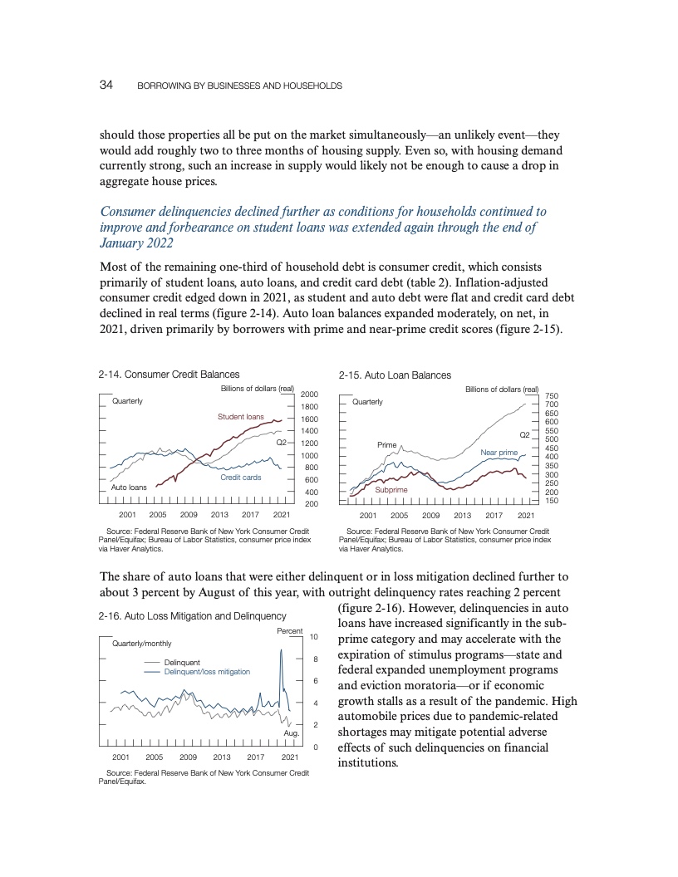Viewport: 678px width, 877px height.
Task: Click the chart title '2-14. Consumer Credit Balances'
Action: tap(169, 375)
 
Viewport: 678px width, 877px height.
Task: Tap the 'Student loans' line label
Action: tap(241, 416)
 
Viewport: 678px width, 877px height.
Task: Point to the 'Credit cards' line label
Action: tap(241, 478)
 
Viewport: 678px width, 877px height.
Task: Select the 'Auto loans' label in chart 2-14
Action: tap(129, 487)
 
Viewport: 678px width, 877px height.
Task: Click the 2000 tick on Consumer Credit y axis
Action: tap(310, 394)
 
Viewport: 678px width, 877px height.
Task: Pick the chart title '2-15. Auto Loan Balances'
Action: tap(395, 375)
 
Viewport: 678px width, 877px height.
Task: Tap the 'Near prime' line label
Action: tap(499, 452)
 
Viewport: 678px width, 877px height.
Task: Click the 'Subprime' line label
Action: tap(391, 490)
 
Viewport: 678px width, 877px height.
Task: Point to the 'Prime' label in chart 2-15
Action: tap(387, 445)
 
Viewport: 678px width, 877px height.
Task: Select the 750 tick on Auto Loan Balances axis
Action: tap(552, 396)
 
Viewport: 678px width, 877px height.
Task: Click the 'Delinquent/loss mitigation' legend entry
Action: tap(207, 671)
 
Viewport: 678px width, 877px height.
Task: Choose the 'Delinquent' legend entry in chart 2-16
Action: tap(182, 662)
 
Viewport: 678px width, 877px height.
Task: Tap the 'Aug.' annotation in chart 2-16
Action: tap(292, 733)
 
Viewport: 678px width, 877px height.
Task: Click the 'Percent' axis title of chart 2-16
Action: tap(289, 632)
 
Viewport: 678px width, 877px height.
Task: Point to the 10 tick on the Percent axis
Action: tap(313, 637)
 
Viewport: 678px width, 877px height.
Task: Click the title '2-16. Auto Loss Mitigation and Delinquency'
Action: tap(192, 616)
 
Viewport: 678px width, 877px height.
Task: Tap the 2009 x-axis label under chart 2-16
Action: tap(188, 757)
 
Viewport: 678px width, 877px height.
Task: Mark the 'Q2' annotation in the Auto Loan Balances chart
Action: tap(524, 435)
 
